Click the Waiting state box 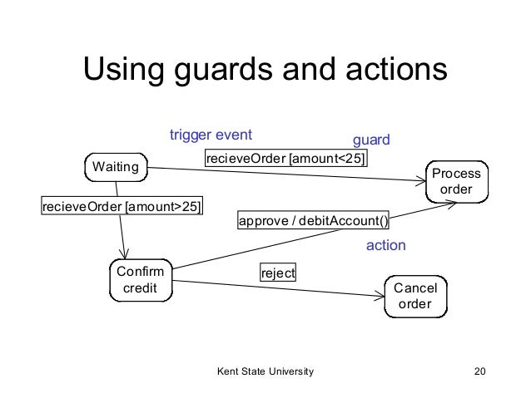pos(116,168)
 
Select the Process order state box pos(456,182)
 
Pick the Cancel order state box pos(414,296)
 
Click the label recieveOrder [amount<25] pos(285,159)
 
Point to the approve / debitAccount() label pos(314,222)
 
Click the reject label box pos(278,273)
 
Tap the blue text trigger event pos(211,135)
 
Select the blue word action pos(386,246)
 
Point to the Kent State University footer pos(265,370)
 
